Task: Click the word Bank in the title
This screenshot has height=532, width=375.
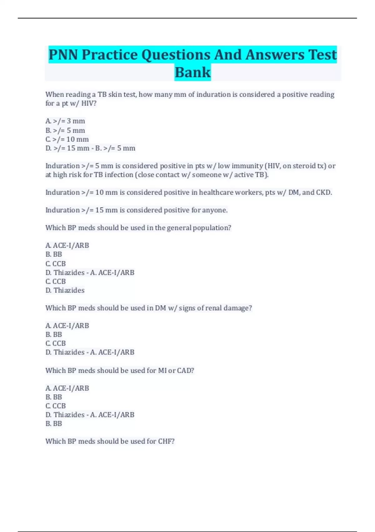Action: point(192,72)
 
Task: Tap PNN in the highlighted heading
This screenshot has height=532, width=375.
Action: point(63,55)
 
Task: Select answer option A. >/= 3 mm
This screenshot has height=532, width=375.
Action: point(65,121)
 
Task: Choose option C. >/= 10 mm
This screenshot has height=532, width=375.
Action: point(67,139)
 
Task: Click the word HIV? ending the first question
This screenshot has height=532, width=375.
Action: point(89,103)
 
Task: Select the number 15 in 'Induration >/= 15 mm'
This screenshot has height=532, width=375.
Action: point(99,210)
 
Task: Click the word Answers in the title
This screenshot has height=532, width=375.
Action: point(274,55)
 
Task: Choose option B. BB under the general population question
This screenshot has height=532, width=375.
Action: point(54,254)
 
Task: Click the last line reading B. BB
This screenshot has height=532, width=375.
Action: point(54,424)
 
